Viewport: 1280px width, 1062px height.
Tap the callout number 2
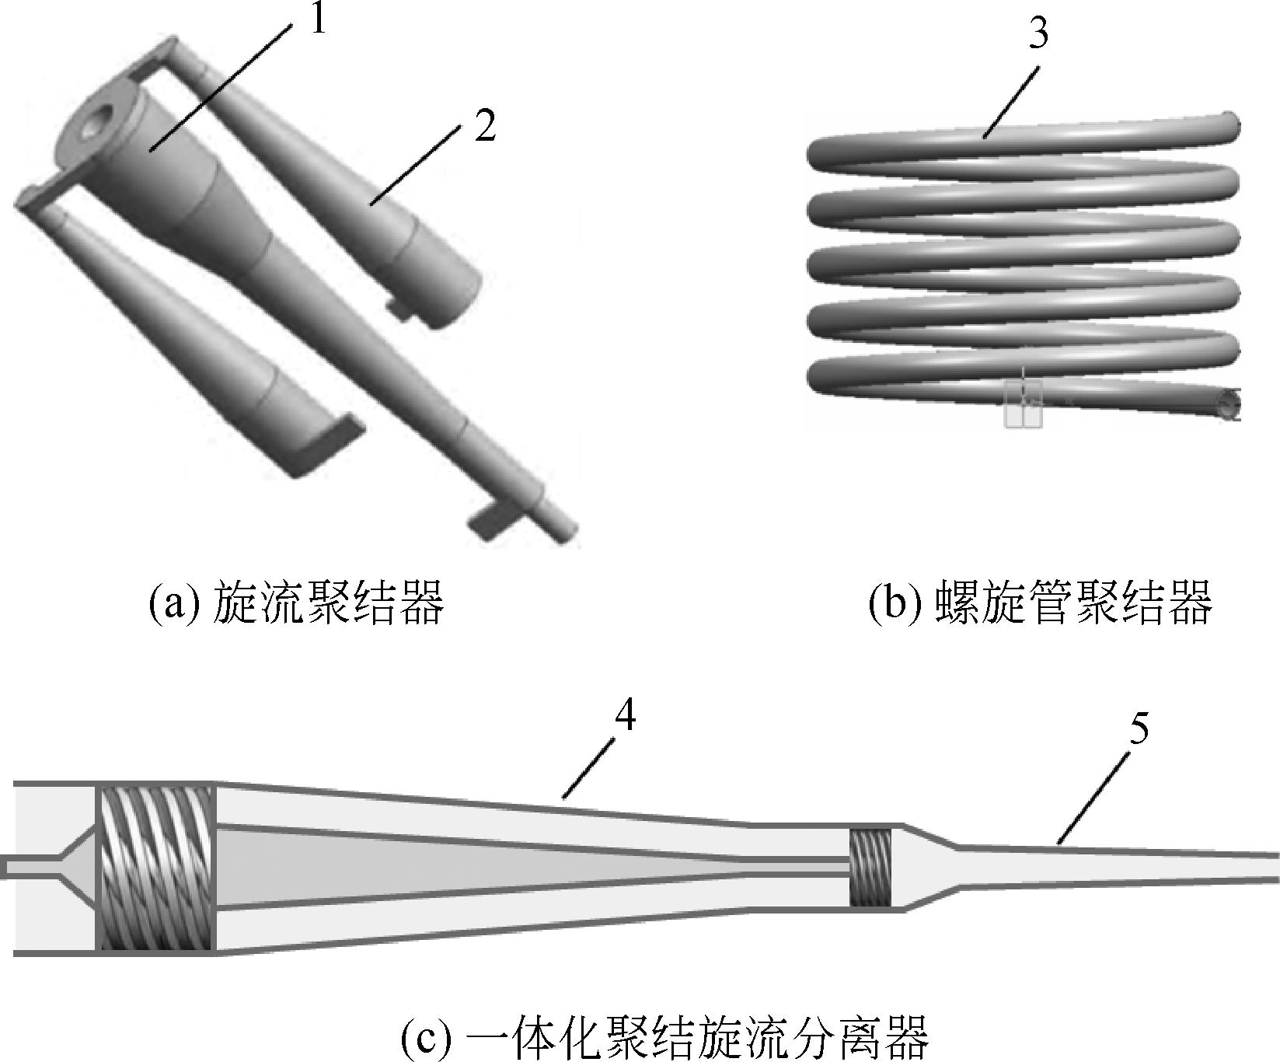pyautogui.click(x=485, y=127)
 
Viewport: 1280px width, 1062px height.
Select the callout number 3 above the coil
pyautogui.click(x=1039, y=35)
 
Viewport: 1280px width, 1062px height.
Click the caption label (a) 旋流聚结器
pyautogui.click(x=296, y=603)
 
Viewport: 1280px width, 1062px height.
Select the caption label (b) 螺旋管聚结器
pyautogui.click(x=1040, y=603)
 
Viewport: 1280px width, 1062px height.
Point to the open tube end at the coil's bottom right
pyautogui.click(x=1228, y=405)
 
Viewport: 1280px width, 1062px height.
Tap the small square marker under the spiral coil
pyautogui.click(x=1023, y=404)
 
